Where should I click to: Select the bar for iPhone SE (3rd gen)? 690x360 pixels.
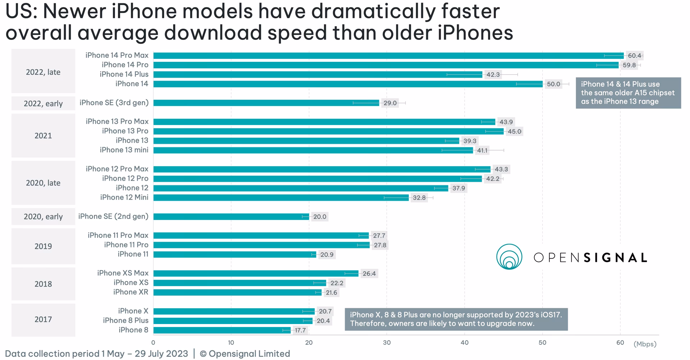(266, 103)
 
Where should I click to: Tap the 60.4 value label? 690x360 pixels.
(634, 56)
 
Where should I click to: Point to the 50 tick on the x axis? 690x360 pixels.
(542, 343)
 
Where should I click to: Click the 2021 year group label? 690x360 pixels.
(43, 136)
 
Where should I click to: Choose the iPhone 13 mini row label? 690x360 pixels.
(124, 150)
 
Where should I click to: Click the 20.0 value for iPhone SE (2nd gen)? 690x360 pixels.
(319, 217)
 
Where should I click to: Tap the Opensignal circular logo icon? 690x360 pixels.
(509, 257)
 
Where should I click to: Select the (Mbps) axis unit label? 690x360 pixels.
(645, 344)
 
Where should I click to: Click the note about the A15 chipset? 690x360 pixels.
(628, 93)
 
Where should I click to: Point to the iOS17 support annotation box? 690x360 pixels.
(456, 319)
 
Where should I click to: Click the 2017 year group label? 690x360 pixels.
(43, 319)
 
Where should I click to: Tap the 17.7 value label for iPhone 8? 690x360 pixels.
(300, 330)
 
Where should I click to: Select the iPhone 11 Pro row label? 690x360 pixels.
(126, 245)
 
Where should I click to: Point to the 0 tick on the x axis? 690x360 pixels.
(153, 343)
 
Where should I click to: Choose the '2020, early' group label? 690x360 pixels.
(43, 217)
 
